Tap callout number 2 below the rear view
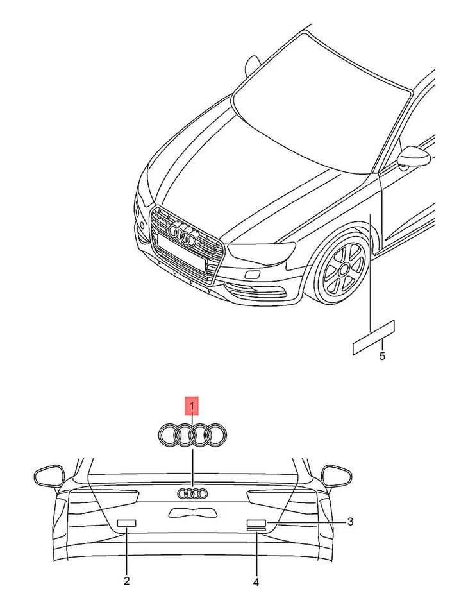126,581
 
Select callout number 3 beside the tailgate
350,522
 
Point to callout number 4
256,582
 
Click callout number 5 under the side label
382,356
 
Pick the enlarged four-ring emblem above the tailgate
192,435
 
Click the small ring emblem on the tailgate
192,493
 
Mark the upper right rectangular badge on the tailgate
256,522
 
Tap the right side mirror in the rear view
337,475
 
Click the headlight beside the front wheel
263,252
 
